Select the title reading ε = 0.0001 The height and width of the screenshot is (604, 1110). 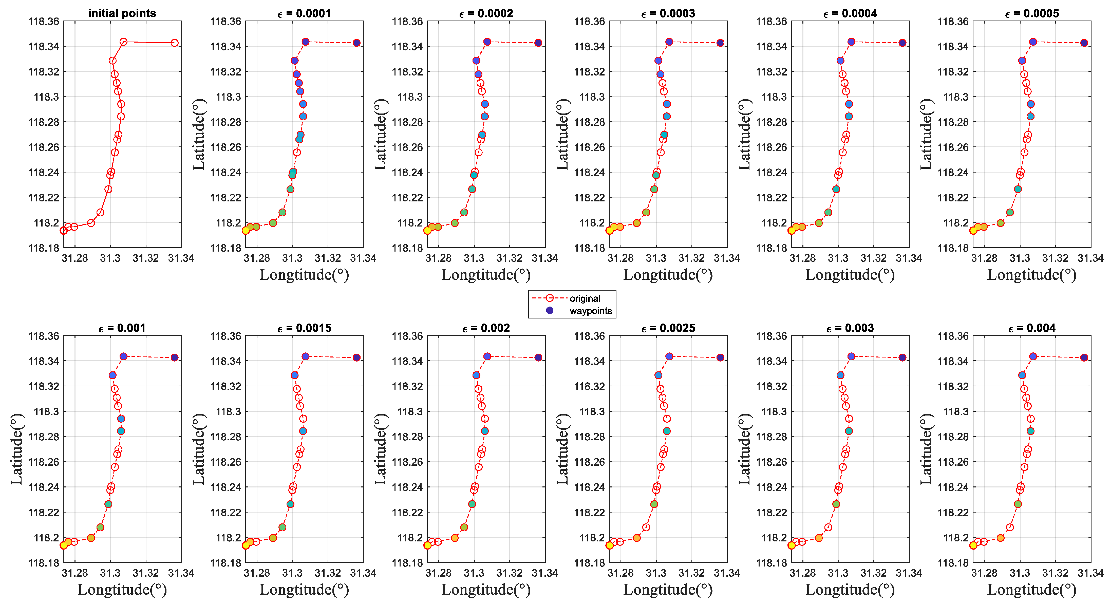[304, 13]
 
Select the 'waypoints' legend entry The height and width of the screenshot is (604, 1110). [590, 311]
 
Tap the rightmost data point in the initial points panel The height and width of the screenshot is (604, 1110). [175, 43]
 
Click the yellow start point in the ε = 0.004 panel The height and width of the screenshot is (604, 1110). [973, 545]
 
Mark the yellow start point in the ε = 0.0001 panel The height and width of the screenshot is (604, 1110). [246, 231]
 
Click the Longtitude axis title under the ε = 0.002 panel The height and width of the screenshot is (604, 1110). [486, 589]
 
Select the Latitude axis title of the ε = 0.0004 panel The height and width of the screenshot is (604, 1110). [745, 135]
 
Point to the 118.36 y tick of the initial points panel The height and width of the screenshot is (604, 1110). [44, 21]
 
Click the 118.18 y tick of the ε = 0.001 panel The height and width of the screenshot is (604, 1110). [44, 563]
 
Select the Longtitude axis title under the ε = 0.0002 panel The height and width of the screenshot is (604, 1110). [486, 274]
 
